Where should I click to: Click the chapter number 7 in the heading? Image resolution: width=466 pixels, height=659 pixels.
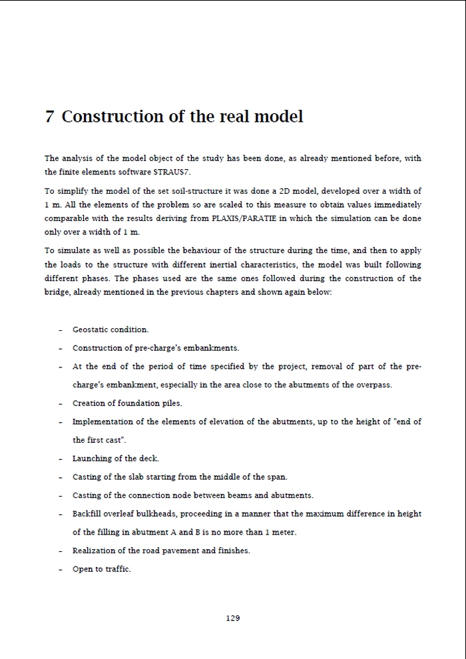pyautogui.click(x=49, y=116)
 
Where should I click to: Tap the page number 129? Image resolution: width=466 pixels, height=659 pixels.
pyautogui.click(x=233, y=618)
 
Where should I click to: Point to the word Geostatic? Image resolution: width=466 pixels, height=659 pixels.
pyautogui.click(x=91, y=329)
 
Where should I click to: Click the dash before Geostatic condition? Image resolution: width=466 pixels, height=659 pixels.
pyautogui.click(x=60, y=330)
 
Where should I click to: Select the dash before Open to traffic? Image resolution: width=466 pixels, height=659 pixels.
pyautogui.click(x=60, y=570)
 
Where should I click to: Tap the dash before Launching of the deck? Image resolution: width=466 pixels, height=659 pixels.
pyautogui.click(x=60, y=459)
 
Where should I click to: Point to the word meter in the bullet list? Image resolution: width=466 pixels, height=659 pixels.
pyautogui.click(x=284, y=532)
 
